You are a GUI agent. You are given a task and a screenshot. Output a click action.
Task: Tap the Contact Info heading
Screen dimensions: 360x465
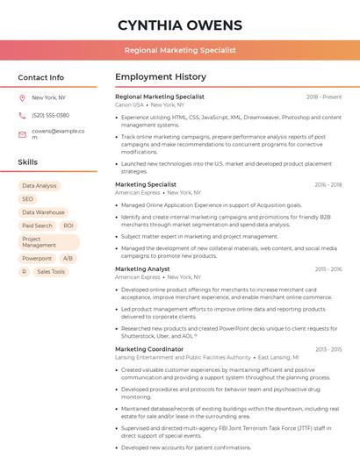[40, 77]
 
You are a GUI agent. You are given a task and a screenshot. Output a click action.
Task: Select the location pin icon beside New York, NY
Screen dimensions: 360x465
[22, 97]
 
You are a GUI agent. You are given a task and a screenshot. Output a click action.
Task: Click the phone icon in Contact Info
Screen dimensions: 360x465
[22, 115]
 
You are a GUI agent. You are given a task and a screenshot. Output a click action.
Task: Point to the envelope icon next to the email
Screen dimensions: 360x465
[22, 134]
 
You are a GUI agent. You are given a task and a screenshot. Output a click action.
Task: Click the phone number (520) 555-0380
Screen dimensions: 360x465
[50, 115]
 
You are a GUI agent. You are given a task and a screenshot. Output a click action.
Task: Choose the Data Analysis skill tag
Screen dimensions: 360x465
[40, 186]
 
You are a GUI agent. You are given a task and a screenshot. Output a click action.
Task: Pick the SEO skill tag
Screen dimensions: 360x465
[28, 199]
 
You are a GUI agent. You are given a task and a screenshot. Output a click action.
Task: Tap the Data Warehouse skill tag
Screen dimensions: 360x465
[43, 212]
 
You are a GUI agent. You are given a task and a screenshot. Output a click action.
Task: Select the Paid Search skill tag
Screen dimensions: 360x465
[37, 225]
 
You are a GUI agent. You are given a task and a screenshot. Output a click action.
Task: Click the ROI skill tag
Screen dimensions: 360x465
[68, 225]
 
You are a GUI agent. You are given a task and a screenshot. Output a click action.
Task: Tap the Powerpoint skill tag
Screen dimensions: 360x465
[37, 259]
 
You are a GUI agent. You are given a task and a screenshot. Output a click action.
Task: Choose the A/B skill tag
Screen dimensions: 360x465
[68, 259]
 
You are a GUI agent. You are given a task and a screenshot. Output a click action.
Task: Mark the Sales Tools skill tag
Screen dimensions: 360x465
[51, 272]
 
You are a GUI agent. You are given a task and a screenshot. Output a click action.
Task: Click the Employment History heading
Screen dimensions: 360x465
[160, 77]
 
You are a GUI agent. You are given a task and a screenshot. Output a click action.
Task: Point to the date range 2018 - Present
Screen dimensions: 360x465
[324, 97]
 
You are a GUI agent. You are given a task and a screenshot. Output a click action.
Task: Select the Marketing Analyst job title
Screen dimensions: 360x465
[142, 269]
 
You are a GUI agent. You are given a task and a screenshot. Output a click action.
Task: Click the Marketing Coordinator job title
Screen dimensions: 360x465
[149, 349]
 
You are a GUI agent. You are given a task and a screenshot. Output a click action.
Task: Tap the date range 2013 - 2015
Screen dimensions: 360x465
[328, 349]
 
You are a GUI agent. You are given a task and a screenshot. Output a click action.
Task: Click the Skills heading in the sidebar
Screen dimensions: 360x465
[27, 162]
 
